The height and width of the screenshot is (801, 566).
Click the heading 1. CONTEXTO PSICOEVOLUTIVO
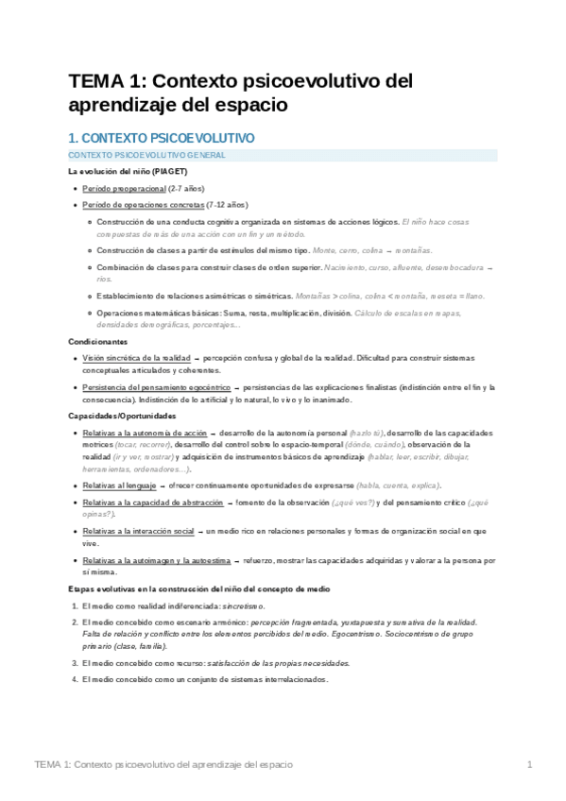pyautogui.click(x=161, y=138)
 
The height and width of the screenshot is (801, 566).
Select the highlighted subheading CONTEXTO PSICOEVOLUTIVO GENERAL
pyautogui.click(x=147, y=154)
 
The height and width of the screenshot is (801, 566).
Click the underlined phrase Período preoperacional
pyautogui.click(x=123, y=189)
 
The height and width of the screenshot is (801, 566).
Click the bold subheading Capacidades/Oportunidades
pyautogui.click(x=122, y=416)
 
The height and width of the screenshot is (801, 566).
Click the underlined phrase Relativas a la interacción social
pyautogui.click(x=138, y=531)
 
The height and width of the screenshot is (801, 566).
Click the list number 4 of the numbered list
pyautogui.click(x=76, y=679)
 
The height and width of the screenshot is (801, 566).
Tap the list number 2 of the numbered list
pyautogui.click(x=76, y=622)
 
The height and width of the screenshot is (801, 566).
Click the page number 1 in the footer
pyautogui.click(x=530, y=763)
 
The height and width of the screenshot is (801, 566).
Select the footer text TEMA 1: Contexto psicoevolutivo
pyautogui.click(x=163, y=763)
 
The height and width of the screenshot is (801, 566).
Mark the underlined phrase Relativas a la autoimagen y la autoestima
pyautogui.click(x=156, y=560)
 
